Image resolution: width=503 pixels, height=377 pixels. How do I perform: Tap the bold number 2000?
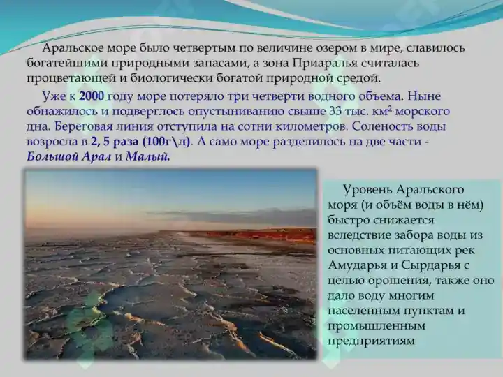(92, 96)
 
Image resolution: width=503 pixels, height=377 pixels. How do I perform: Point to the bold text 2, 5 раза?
(115, 142)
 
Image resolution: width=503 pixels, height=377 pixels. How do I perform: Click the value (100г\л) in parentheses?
(166, 142)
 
